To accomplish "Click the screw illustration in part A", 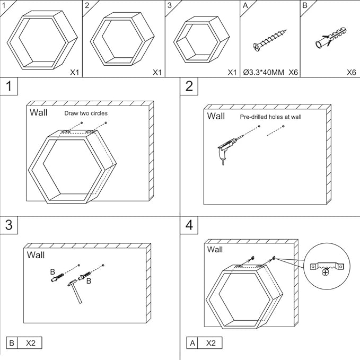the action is tap(270, 40).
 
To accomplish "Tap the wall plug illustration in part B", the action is tap(331, 38).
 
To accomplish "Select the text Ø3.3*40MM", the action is tap(264, 73).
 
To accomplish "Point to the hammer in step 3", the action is tap(75, 291).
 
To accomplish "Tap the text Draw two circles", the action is tap(86, 113).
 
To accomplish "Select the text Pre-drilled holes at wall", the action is tap(271, 117).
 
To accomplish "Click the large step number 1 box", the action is tap(8, 86).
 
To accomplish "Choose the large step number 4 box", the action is tap(189, 225).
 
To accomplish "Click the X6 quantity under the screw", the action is tap(293, 73).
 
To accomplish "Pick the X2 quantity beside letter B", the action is tap(31, 343).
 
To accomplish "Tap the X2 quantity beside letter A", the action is tap(211, 343).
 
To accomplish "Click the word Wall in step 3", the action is tap(36, 255).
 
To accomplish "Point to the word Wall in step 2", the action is tap(216, 116).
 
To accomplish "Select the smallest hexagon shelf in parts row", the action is tap(201, 39).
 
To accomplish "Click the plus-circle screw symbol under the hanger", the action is tap(325, 273).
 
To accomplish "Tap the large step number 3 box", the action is tap(8, 225).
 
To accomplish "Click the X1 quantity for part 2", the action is tap(157, 73).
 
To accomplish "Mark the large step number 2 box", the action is tap(189, 86).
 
